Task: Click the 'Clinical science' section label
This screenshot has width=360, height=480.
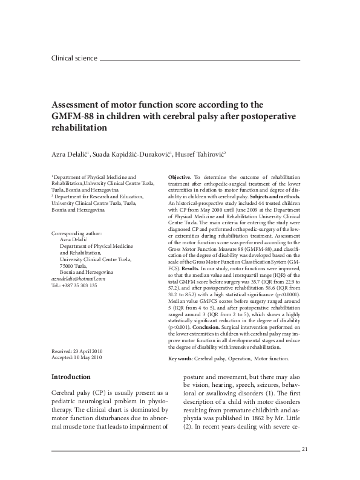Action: [x=74, y=59]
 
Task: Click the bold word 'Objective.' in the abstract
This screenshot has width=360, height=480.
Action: [x=180, y=175]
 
